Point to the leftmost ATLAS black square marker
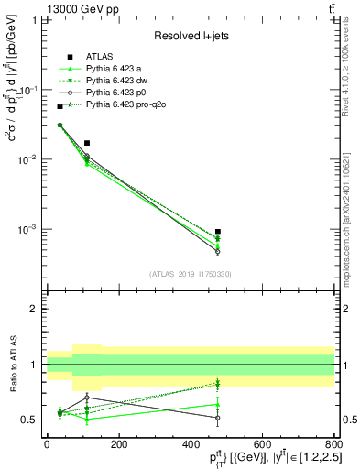[60, 106]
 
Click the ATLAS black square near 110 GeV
[86, 143]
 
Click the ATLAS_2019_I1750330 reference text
[191, 274]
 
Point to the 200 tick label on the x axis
[118, 442]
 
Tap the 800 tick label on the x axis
[334, 442]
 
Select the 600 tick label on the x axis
[262, 442]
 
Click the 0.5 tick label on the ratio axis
[30, 420]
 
